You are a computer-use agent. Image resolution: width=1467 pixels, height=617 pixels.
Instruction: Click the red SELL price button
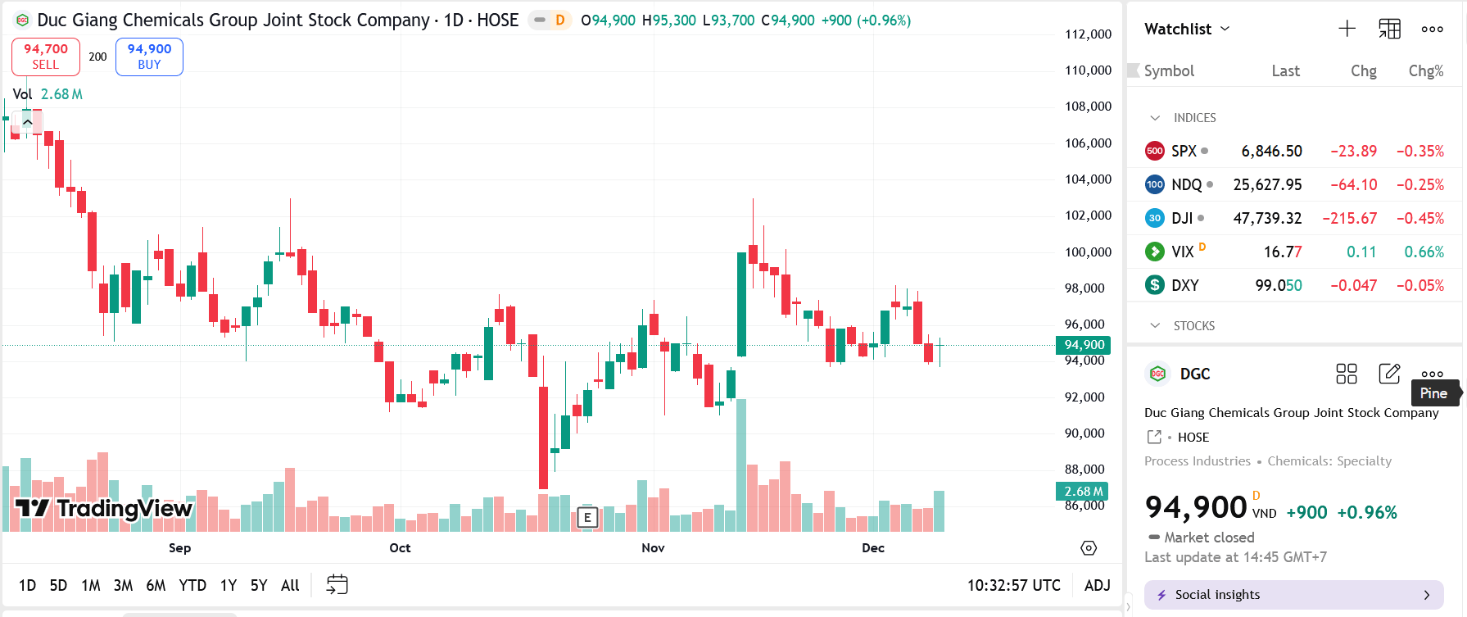coord(46,57)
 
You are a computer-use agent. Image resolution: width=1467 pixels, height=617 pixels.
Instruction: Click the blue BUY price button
coord(149,57)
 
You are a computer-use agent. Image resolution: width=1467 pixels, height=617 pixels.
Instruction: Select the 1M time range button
coord(90,585)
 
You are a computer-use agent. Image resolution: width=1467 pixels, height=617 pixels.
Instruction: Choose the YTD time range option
coord(192,585)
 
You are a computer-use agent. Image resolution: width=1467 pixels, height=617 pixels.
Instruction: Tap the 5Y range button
coord(259,585)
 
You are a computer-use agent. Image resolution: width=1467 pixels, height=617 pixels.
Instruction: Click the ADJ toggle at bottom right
coord(1097,585)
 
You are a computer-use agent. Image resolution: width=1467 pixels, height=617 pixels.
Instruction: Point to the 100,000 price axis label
coord(1088,252)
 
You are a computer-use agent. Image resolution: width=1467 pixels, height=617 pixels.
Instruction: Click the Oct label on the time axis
coord(400,547)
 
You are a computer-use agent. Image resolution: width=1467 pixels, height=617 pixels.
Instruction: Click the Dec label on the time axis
coord(873,547)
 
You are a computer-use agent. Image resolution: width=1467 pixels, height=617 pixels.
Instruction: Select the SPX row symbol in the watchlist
coord(1184,151)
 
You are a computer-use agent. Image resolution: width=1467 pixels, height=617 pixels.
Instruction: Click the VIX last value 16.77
coord(1282,252)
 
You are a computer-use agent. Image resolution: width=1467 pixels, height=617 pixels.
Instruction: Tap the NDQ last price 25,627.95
coord(1267,184)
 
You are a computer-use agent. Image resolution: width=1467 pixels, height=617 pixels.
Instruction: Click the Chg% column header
coord(1425,71)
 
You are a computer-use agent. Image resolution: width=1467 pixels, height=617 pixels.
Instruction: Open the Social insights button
coord(1293,595)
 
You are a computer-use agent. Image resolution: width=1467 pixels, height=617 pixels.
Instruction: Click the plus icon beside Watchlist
coord(1347,29)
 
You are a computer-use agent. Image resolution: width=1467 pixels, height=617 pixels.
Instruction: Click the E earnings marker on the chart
coord(587,517)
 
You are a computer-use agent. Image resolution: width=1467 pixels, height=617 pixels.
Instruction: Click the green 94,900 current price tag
coord(1084,345)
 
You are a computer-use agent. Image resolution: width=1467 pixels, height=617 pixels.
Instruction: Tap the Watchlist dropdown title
coord(1187,29)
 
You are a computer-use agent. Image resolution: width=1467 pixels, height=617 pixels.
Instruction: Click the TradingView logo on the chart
coord(104,508)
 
